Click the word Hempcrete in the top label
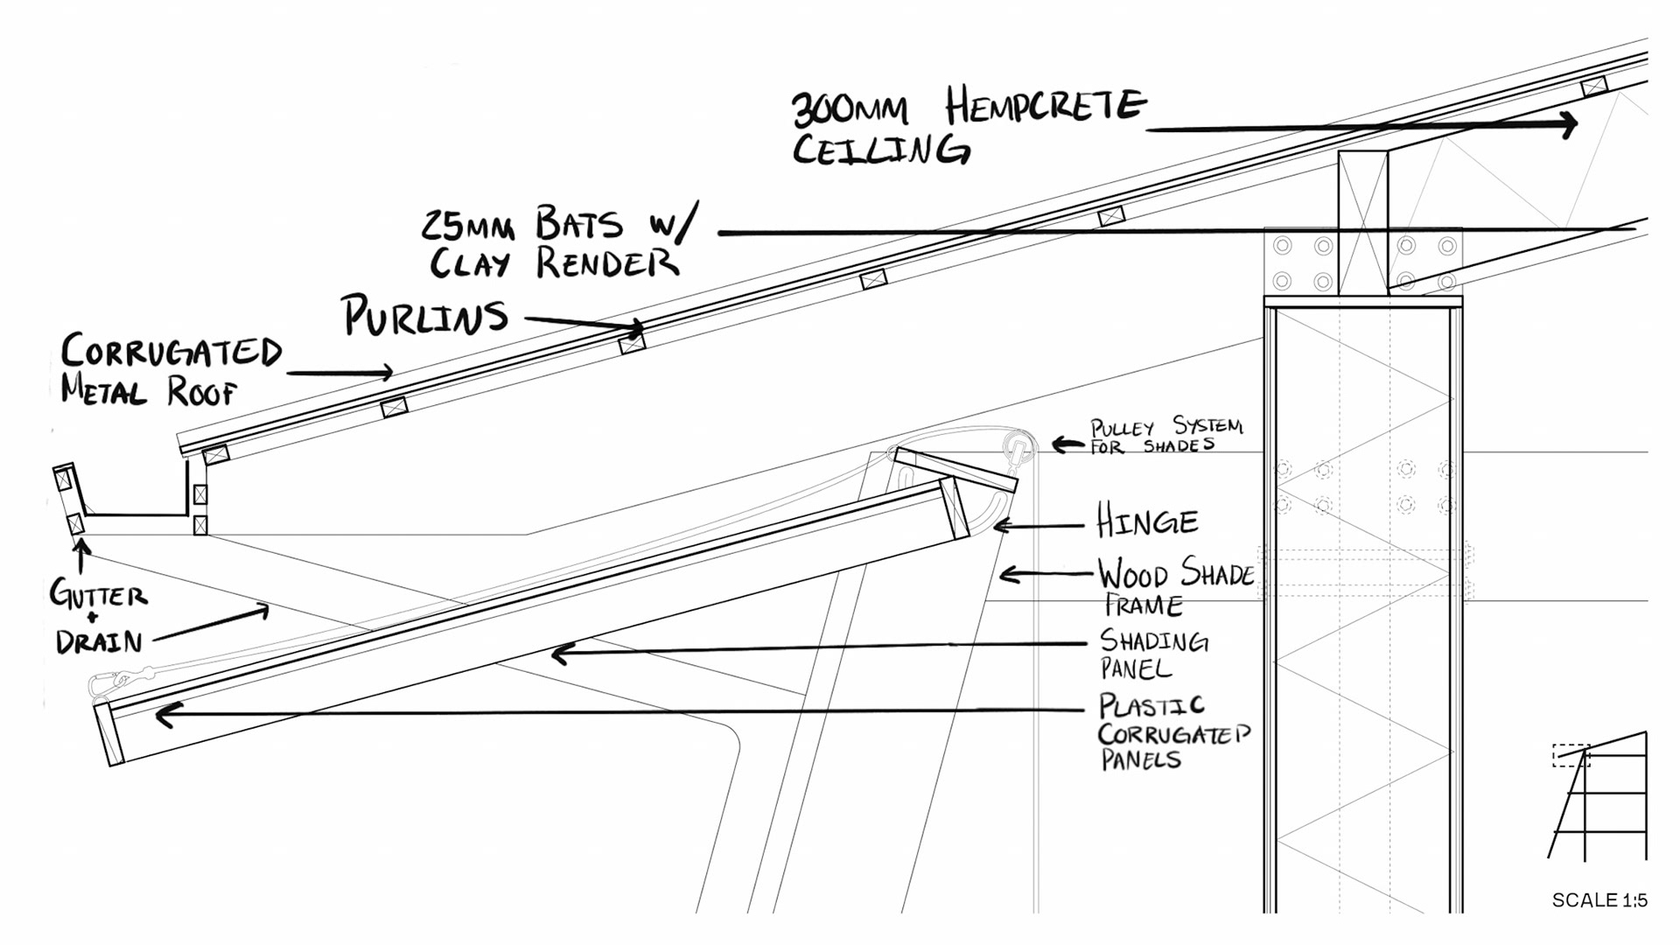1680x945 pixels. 1046,107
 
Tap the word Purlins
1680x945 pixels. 425,316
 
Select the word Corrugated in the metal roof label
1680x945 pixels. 171,352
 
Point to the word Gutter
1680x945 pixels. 98,595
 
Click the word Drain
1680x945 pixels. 99,642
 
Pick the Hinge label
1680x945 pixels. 1147,522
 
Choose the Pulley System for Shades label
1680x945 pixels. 1165,436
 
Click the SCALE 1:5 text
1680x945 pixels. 1599,900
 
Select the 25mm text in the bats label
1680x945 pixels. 468,226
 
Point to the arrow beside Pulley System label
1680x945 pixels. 1067,444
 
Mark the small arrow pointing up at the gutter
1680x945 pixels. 81,555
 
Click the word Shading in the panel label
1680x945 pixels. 1154,641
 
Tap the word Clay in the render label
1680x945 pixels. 469,262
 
